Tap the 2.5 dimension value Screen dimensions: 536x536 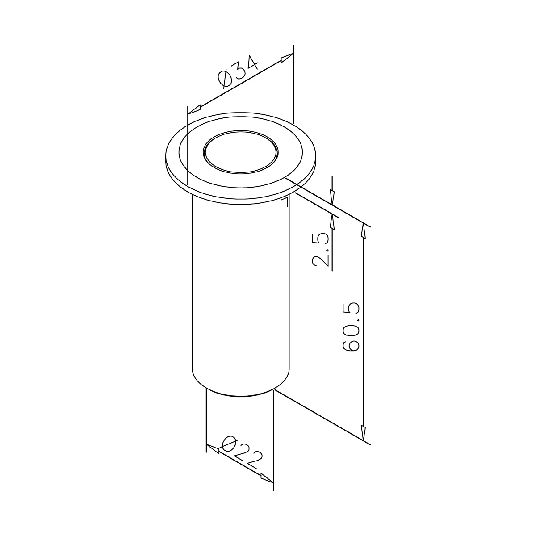click(x=320, y=249)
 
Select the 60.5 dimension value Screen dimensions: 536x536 click(x=351, y=327)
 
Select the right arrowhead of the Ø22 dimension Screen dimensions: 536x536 click(x=267, y=478)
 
